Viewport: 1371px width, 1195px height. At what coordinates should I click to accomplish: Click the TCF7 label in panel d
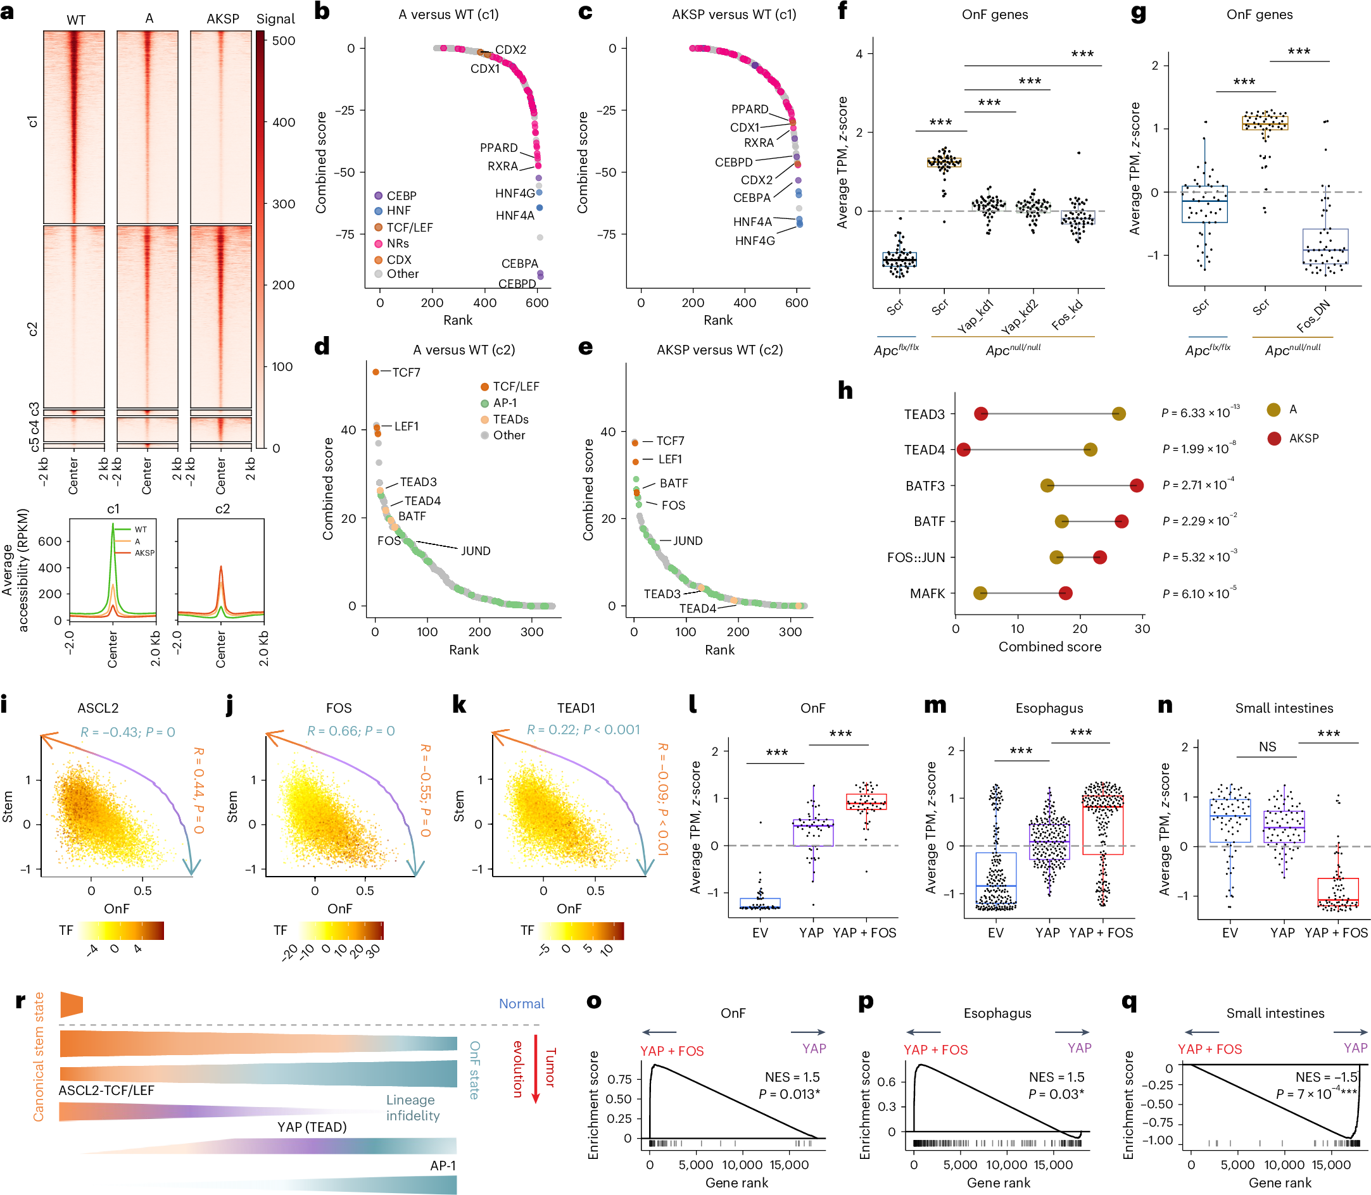[406, 372]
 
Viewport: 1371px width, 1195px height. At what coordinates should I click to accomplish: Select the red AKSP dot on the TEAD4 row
[963, 449]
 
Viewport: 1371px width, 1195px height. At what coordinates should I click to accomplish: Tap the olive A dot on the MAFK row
[980, 593]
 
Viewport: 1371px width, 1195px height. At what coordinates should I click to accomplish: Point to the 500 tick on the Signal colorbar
[284, 41]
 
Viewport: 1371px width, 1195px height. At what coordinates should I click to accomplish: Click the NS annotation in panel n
[1267, 747]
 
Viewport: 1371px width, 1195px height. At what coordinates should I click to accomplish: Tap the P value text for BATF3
[1198, 485]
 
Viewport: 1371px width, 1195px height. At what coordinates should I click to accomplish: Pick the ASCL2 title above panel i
[98, 708]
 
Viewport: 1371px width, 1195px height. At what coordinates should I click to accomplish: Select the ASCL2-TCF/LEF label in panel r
[106, 1091]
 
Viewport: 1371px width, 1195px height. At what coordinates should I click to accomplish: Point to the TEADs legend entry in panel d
[510, 419]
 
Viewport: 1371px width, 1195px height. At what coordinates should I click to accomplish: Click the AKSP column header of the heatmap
[222, 19]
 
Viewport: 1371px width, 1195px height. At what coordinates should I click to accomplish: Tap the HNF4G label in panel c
[755, 241]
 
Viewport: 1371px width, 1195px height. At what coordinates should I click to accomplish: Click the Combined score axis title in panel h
[1049, 646]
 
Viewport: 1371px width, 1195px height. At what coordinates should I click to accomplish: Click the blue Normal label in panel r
[521, 1004]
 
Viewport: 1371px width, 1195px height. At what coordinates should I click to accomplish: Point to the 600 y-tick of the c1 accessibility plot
[50, 542]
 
